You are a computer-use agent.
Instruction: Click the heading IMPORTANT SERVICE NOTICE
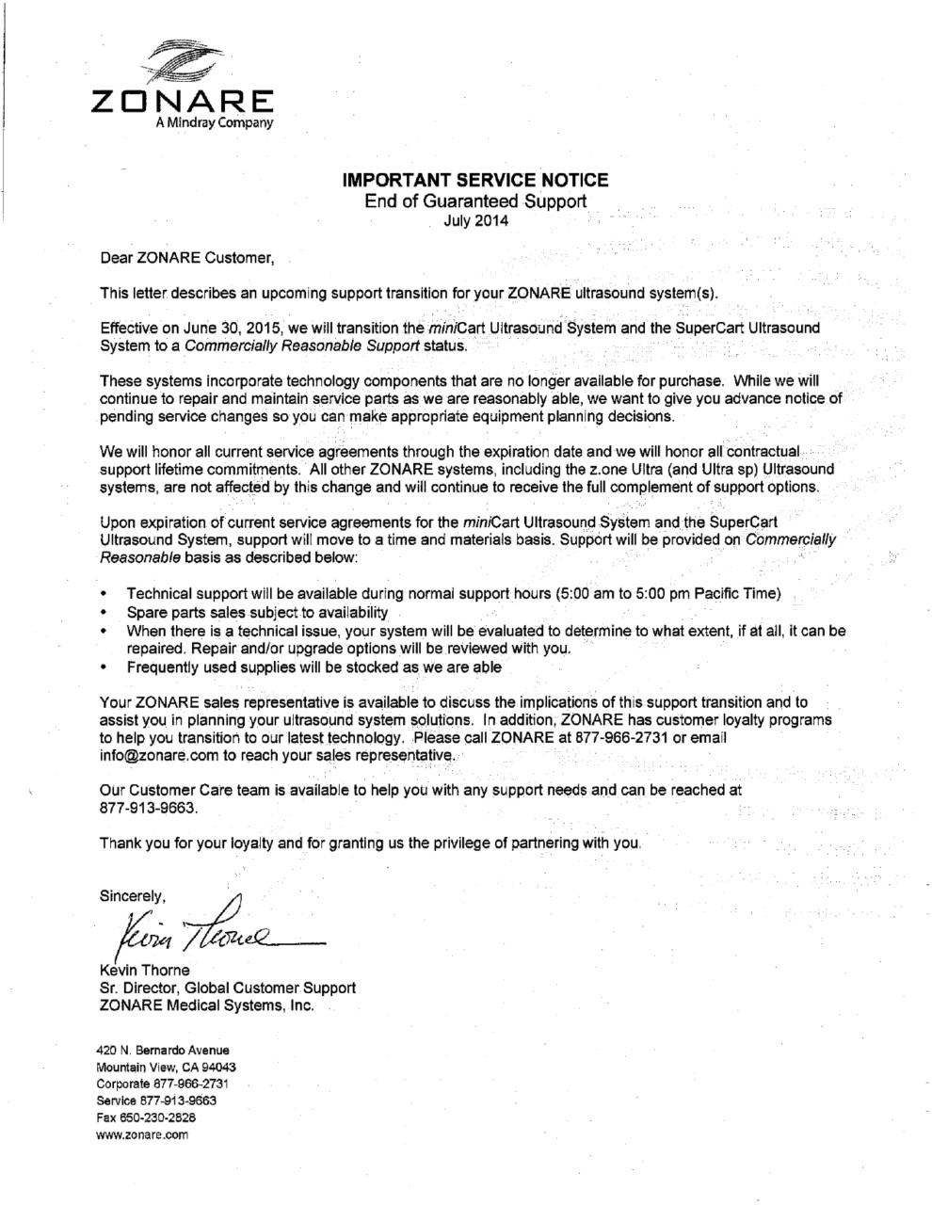click(x=474, y=180)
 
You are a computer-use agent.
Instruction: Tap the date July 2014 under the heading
click(x=474, y=222)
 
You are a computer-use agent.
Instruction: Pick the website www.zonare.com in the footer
click(x=143, y=1134)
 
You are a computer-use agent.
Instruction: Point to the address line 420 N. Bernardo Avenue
click(x=163, y=1050)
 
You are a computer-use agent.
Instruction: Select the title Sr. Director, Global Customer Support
click(x=227, y=988)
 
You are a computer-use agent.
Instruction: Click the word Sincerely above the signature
click(x=133, y=894)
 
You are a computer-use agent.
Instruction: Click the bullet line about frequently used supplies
click(x=314, y=667)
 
